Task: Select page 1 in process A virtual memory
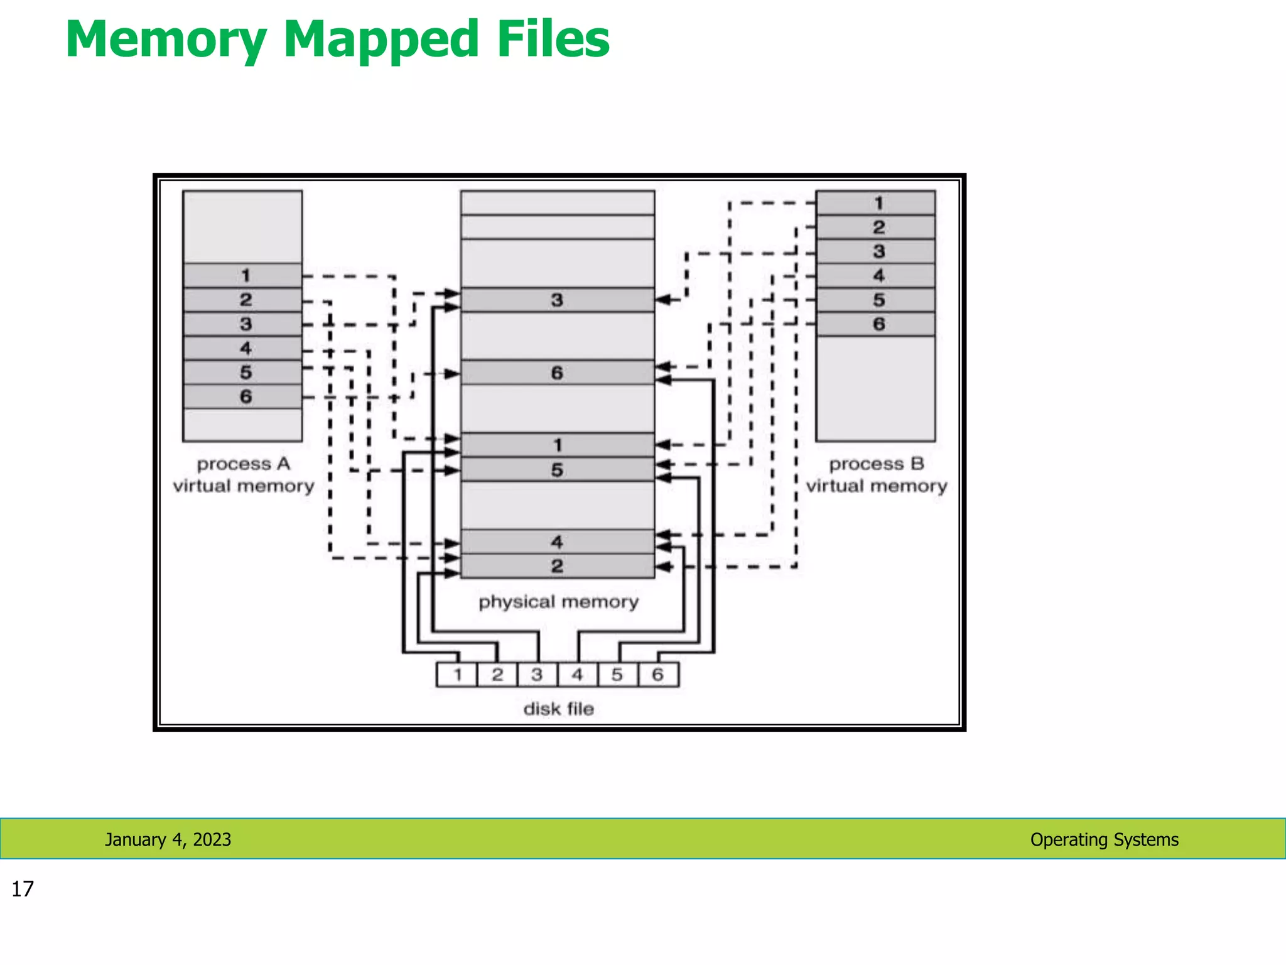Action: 242,275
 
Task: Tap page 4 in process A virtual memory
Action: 242,348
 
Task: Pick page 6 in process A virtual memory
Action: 242,396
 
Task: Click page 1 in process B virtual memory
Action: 875,203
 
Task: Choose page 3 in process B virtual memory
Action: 875,251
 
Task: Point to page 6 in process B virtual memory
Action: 875,324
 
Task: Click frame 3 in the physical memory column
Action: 557,300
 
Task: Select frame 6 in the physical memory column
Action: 557,373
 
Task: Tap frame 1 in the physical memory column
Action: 557,445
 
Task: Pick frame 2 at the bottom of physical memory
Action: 557,566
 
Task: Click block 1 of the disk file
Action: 457,675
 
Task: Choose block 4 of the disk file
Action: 577,675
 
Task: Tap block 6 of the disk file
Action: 657,675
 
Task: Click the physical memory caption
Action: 558,602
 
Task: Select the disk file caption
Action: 558,709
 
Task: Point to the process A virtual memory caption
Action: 244,475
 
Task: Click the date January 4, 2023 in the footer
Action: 168,839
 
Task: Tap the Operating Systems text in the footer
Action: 1104,839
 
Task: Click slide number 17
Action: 23,889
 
